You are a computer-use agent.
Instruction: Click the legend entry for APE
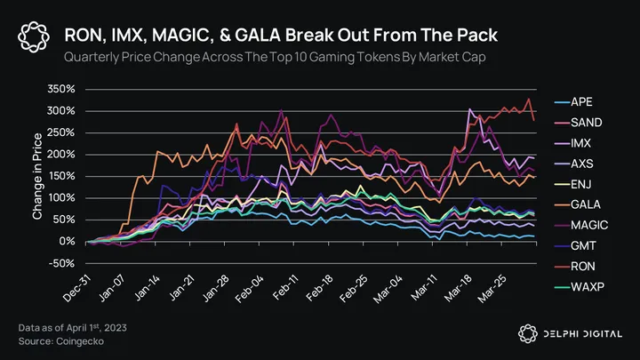point(580,101)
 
